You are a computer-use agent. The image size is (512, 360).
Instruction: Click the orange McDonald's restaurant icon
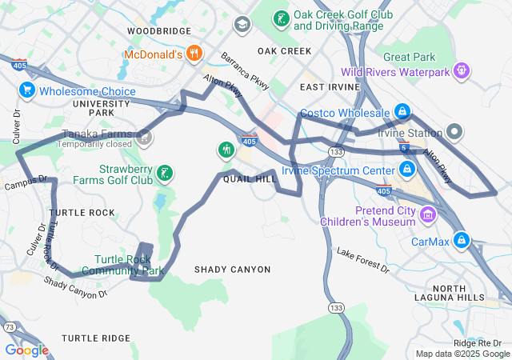(194, 54)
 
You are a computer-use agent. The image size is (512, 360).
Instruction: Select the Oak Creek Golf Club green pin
(281, 18)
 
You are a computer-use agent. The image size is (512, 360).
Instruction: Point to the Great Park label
(409, 58)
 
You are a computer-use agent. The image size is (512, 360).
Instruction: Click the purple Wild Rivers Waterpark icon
(461, 72)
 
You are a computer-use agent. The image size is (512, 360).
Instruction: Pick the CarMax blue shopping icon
(462, 240)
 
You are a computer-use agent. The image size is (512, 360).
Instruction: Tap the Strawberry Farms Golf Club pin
(164, 174)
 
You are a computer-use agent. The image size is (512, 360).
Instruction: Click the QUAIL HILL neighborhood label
(250, 179)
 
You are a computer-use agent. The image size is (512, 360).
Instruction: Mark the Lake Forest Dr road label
(362, 261)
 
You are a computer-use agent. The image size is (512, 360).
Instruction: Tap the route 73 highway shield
(10, 327)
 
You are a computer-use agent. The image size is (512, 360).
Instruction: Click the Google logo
(26, 350)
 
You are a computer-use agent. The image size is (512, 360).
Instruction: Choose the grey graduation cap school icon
(241, 24)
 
